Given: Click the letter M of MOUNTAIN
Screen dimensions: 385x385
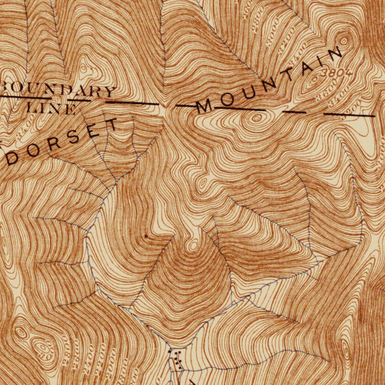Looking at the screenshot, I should (x=204, y=106).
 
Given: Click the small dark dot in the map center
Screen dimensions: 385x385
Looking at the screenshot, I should (x=146, y=235).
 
